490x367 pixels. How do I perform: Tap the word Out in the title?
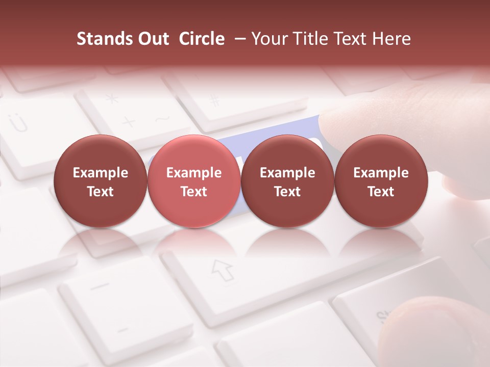click(152, 39)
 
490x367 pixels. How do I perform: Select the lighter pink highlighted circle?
click(194, 181)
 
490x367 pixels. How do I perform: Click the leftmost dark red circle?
click(101, 181)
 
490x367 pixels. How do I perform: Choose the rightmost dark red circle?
click(381, 181)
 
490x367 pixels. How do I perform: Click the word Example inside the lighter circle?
click(194, 173)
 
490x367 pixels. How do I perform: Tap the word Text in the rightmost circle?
click(381, 192)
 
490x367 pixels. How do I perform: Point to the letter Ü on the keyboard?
click(19, 123)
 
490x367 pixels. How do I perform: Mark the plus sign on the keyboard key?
click(128, 121)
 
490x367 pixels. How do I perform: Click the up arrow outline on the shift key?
click(222, 269)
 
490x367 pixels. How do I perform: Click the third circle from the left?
click(287, 181)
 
